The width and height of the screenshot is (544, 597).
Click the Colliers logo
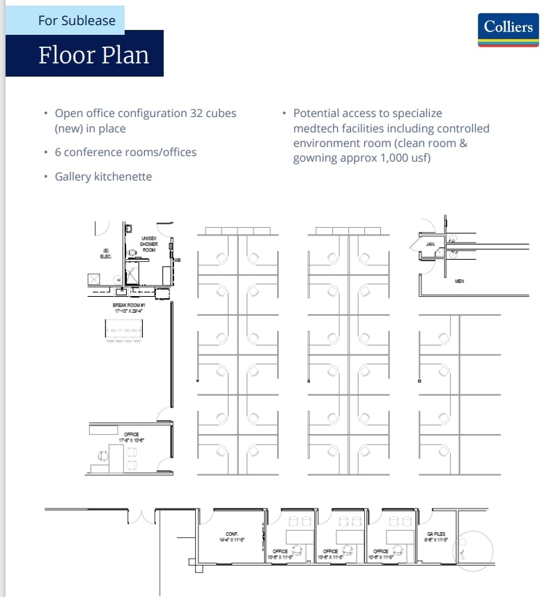point(508,29)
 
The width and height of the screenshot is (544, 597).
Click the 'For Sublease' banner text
point(77,20)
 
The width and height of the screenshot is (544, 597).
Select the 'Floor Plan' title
point(93,54)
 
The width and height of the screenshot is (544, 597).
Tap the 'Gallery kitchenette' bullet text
point(103,176)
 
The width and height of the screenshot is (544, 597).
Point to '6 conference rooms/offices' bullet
point(125,152)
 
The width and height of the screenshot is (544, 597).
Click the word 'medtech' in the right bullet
point(313,128)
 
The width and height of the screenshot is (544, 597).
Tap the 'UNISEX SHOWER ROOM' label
point(149,244)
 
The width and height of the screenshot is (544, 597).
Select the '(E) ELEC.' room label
point(107,254)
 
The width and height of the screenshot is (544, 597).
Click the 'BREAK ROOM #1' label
point(128,307)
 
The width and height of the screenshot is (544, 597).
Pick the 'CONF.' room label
point(232,536)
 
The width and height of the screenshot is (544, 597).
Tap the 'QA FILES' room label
point(435,536)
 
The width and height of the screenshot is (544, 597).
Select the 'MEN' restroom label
point(459,281)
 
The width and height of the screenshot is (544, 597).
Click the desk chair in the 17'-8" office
point(104,456)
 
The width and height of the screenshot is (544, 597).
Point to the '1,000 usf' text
point(407,158)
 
